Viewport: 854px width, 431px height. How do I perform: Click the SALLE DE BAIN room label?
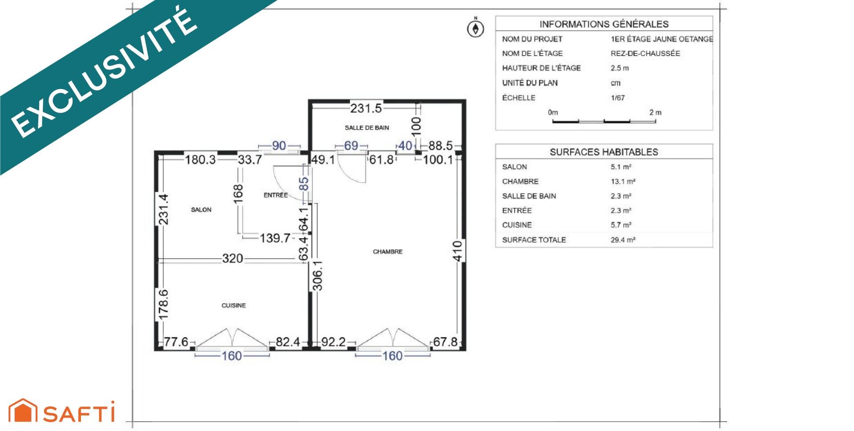(x=367, y=128)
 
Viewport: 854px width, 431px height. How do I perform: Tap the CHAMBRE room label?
(x=387, y=252)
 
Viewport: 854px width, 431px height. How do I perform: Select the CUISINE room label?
(x=234, y=305)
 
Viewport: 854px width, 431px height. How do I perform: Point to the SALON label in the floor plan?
(x=201, y=210)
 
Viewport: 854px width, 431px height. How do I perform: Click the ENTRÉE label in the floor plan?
(x=276, y=195)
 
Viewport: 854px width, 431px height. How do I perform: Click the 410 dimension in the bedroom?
(x=457, y=251)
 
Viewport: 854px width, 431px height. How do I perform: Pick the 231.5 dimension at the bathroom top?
(x=366, y=108)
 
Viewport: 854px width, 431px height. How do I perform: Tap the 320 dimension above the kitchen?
(x=233, y=258)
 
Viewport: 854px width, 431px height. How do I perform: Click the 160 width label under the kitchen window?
(x=232, y=356)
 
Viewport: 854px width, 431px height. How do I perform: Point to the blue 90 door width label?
(x=279, y=146)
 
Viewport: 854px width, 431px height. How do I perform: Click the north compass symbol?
(x=475, y=28)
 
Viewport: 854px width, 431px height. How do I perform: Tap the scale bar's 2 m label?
(x=655, y=113)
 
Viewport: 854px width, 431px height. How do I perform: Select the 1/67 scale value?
(x=618, y=98)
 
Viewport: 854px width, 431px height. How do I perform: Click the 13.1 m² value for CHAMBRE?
(x=623, y=182)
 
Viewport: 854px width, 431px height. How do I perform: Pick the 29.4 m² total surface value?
(x=623, y=240)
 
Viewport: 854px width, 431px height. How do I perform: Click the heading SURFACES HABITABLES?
(x=604, y=152)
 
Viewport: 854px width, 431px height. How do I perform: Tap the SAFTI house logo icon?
(x=23, y=411)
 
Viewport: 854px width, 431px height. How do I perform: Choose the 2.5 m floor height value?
(x=620, y=68)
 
